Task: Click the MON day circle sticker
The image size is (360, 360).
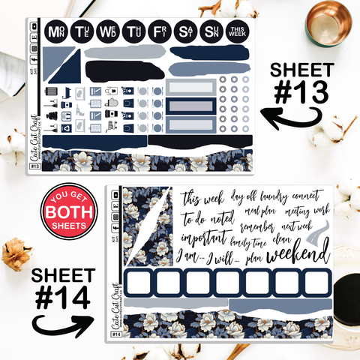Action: click(55, 31)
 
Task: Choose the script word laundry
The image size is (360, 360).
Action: click(268, 196)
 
